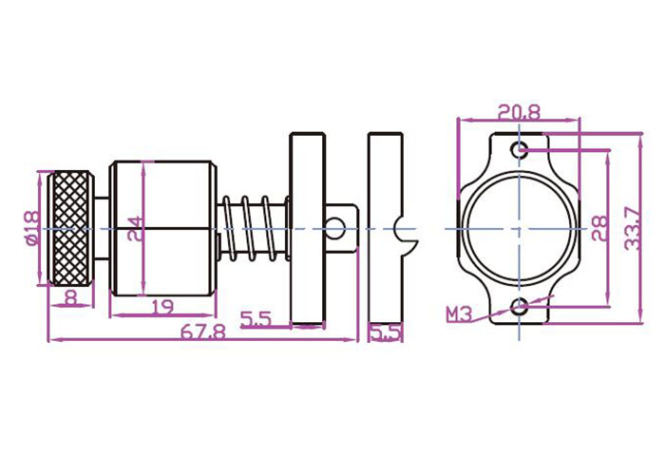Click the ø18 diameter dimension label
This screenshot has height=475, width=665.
[x=32, y=228]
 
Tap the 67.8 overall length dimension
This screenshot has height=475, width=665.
[x=203, y=332]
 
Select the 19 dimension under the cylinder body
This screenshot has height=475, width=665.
[x=162, y=306]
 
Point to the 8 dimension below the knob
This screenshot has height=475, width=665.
[x=70, y=297]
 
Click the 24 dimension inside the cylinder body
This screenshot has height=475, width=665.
[x=135, y=229]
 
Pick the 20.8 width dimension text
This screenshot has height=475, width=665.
[x=519, y=112]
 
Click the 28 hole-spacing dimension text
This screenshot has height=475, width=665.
[x=600, y=229]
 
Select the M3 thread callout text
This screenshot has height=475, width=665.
[x=459, y=314]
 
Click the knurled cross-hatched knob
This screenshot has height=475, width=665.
[x=70, y=228]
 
